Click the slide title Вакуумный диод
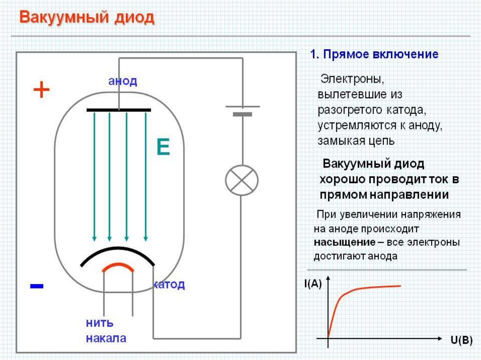[x=87, y=18]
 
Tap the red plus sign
[x=41, y=90]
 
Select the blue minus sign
[x=37, y=285]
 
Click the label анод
[x=123, y=81]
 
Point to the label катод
[x=169, y=284]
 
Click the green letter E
[x=163, y=148]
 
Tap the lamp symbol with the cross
[x=242, y=180]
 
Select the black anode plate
[x=119, y=110]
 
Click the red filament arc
[x=118, y=266]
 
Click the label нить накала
[x=106, y=331]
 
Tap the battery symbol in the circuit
[x=242, y=110]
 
